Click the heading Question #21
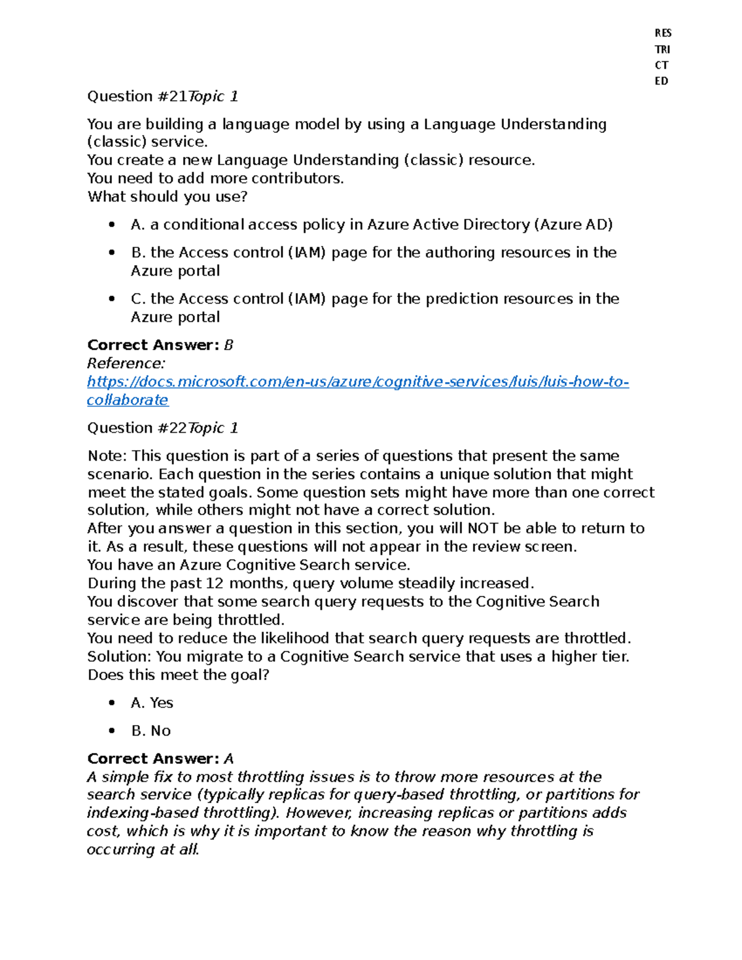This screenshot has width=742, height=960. [x=162, y=96]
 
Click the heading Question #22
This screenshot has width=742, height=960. [x=162, y=428]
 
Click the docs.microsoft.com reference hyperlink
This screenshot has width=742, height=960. [x=357, y=382]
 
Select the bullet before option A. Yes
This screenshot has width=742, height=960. [x=112, y=703]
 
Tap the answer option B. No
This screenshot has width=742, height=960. [x=151, y=731]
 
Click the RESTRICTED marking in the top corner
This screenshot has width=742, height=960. [x=662, y=57]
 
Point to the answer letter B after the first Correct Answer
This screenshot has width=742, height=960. [x=229, y=345]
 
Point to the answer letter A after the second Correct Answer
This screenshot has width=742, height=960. [x=229, y=758]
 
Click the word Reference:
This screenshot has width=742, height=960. [x=126, y=363]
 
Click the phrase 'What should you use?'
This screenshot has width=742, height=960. [x=168, y=197]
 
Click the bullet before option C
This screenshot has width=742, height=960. [x=112, y=299]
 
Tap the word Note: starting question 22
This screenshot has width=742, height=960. [x=107, y=456]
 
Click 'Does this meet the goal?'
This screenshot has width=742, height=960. [x=179, y=675]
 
